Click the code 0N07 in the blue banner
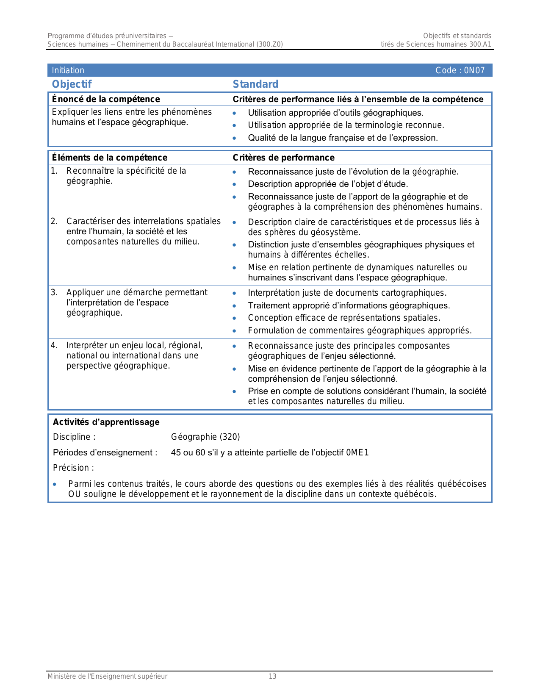pos(474,70)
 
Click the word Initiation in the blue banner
pos(68,70)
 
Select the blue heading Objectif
pos(72,84)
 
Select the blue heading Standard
pos(255,84)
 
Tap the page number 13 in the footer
pos(272,676)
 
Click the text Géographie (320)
pos(205,437)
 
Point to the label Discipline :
pos(74,437)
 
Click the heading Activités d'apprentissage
pos(106,422)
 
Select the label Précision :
pos(73,468)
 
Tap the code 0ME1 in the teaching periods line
pos(357,452)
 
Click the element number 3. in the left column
pos(54,292)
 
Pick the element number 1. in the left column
pos(54,171)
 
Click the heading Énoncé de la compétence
pos(106,99)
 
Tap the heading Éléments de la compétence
pos(109,158)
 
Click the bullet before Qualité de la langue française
pos(234,138)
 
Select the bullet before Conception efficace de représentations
pos(234,318)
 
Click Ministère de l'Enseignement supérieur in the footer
pos(107,676)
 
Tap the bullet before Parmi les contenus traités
pos(55,484)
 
